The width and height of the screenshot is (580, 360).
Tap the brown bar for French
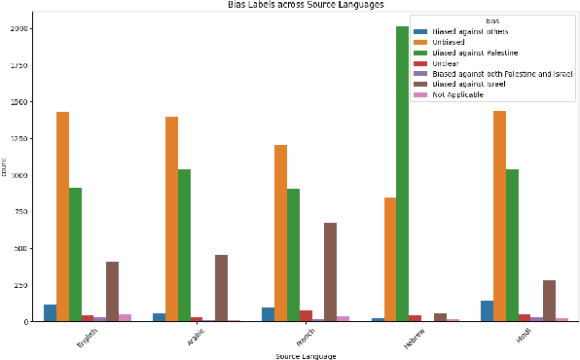tap(330, 271)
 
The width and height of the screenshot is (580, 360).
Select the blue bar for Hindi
tap(487, 310)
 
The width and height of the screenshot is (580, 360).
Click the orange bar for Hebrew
tap(390, 259)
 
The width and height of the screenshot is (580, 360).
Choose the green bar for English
tap(75, 254)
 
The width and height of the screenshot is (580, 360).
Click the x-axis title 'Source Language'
tap(306, 356)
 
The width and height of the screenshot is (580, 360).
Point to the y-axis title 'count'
tap(5, 173)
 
